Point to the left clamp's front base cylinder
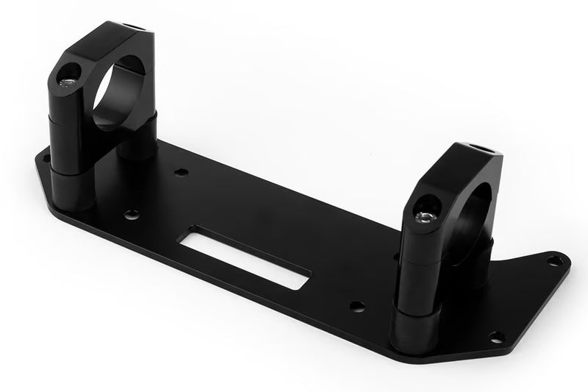72,187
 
